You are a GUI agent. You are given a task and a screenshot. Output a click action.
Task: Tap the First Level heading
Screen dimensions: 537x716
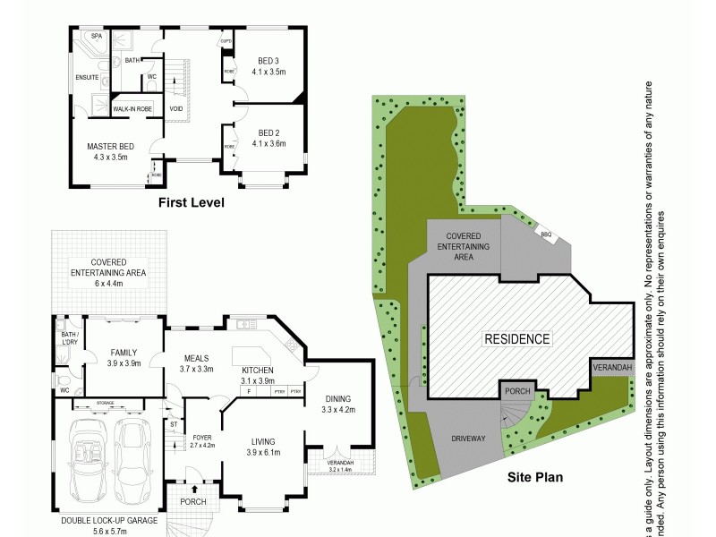pyautogui.click(x=191, y=203)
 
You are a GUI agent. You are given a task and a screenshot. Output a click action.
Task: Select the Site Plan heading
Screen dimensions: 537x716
pyautogui.click(x=534, y=477)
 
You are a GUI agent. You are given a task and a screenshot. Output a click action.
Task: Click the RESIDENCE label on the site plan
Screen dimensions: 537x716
pyautogui.click(x=517, y=339)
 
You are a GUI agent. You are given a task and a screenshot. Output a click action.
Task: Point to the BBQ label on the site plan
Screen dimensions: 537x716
pyautogui.click(x=545, y=234)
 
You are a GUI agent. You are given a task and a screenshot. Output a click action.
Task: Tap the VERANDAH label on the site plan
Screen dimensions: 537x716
pyautogui.click(x=612, y=367)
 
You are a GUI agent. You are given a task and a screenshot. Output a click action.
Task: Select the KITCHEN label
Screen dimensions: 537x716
pyautogui.click(x=256, y=370)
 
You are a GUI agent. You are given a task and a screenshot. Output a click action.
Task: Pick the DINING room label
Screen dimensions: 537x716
pyautogui.click(x=338, y=399)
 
